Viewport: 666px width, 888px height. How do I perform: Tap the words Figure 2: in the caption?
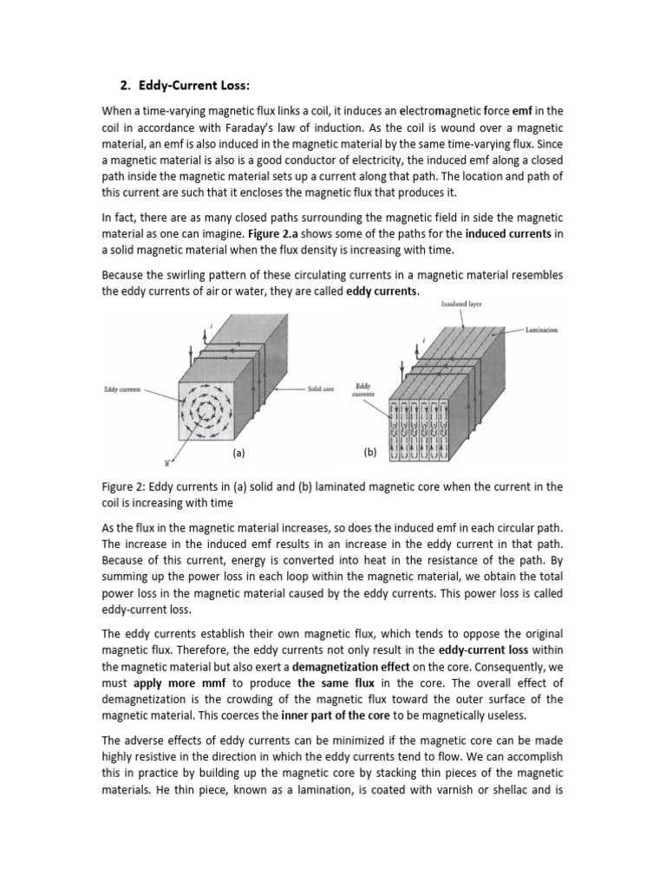127,486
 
